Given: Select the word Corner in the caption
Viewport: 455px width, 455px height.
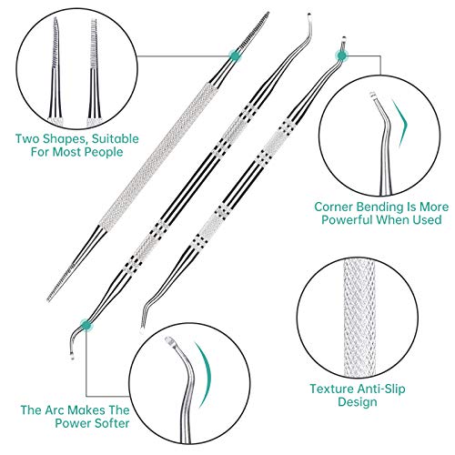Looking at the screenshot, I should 332,206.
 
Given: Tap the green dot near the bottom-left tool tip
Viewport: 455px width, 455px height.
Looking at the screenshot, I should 86,323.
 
